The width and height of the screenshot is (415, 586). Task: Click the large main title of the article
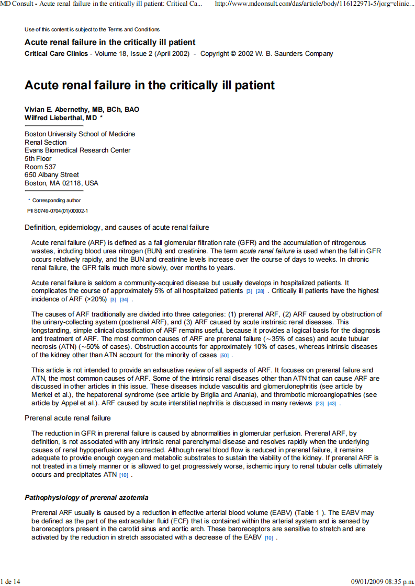click(x=150, y=85)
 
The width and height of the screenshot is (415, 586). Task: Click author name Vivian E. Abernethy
click(x=82, y=110)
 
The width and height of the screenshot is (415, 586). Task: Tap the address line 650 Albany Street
click(x=52, y=175)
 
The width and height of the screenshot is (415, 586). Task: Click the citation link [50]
click(x=224, y=356)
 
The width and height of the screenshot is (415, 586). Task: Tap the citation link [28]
click(x=260, y=291)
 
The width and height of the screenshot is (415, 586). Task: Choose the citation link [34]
click(x=124, y=300)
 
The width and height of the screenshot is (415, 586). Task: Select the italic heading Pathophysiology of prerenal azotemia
click(x=86, y=498)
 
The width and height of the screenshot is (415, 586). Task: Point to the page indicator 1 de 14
click(x=11, y=581)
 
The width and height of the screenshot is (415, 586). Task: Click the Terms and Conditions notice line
click(x=92, y=29)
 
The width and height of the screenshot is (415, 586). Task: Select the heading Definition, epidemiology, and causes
click(x=117, y=227)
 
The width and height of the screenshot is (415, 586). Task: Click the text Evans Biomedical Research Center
click(x=77, y=150)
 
